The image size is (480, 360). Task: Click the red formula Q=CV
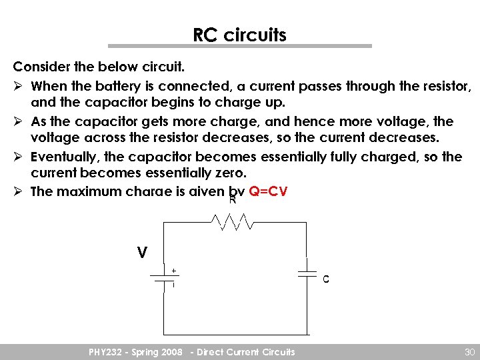(x=267, y=191)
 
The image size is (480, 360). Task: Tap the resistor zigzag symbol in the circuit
(x=231, y=221)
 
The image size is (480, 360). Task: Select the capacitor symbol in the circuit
(x=307, y=273)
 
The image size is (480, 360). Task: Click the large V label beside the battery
(x=141, y=253)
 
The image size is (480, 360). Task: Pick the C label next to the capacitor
(x=325, y=280)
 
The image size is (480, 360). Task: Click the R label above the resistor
(x=233, y=200)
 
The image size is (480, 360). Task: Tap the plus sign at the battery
(x=173, y=271)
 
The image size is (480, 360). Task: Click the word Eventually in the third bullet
(x=62, y=157)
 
